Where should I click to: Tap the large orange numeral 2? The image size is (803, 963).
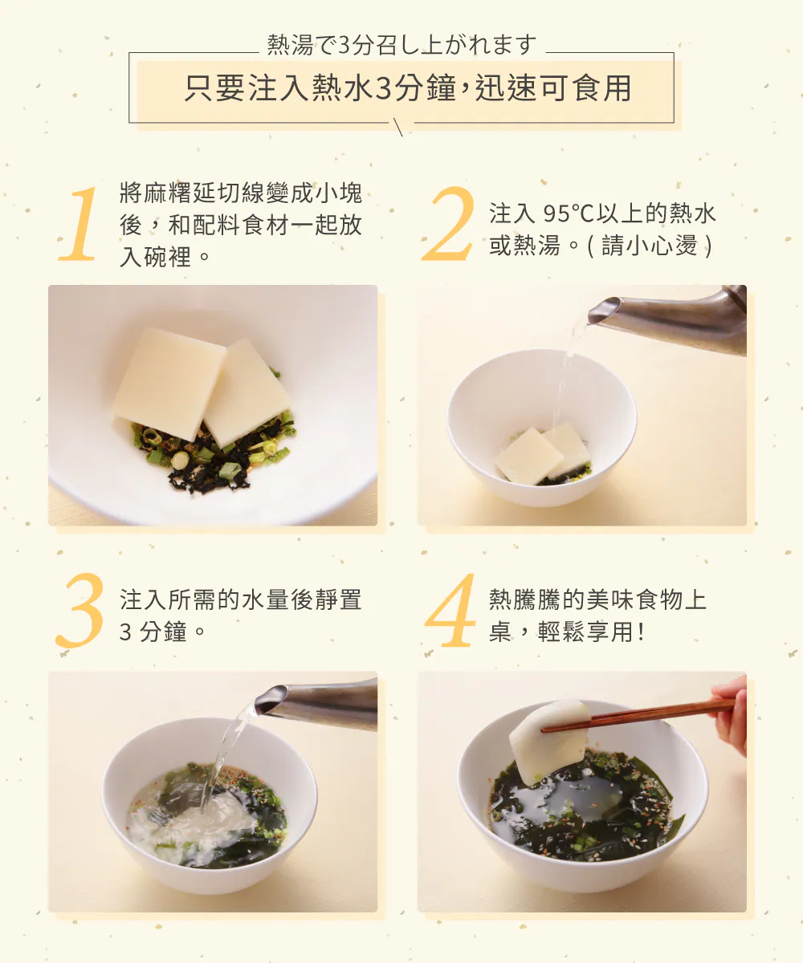pyautogui.click(x=448, y=224)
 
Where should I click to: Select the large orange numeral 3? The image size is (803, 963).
pyautogui.click(x=79, y=610)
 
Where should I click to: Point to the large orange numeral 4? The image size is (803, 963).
pyautogui.click(x=450, y=610)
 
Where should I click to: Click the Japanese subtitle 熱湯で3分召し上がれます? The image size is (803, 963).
pyautogui.click(x=401, y=45)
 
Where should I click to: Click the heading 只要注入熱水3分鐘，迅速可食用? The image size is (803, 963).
pyautogui.click(x=408, y=87)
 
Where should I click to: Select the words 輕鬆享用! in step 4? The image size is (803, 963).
pyautogui.click(x=591, y=632)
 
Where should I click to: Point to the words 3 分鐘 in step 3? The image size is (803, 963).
pyautogui.click(x=153, y=632)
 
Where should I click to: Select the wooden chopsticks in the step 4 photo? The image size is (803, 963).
pyautogui.click(x=638, y=716)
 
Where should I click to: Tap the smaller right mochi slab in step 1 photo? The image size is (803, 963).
pyautogui.click(x=247, y=393)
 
